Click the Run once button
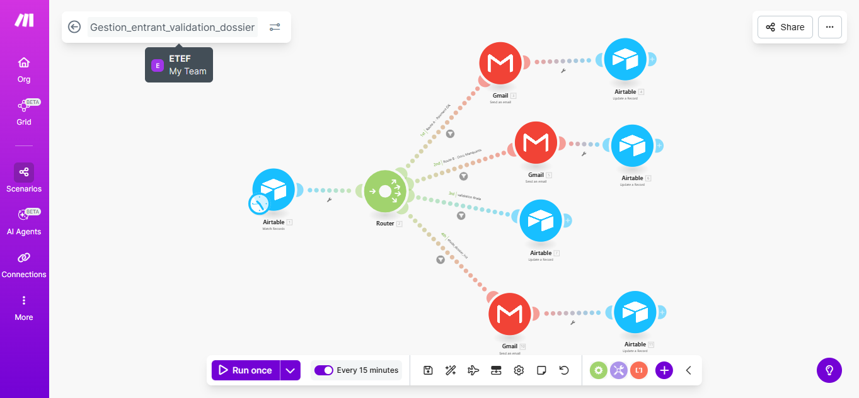[x=246, y=370]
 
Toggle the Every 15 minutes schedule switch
[x=324, y=370]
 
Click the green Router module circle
[x=385, y=191]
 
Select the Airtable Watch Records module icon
[x=274, y=189]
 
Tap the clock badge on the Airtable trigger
[x=259, y=203]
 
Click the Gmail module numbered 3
[x=500, y=63]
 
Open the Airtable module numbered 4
[x=625, y=59]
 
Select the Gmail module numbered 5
[x=536, y=143]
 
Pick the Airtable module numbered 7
[x=541, y=220]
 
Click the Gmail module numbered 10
[x=510, y=314]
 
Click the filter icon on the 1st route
[x=451, y=134]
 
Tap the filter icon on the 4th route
[x=441, y=259]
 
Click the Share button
[x=785, y=27]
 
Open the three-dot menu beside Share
[x=829, y=27]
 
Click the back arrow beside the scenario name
[x=74, y=27]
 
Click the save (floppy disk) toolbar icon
[x=428, y=370]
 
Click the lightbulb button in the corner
[x=829, y=370]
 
